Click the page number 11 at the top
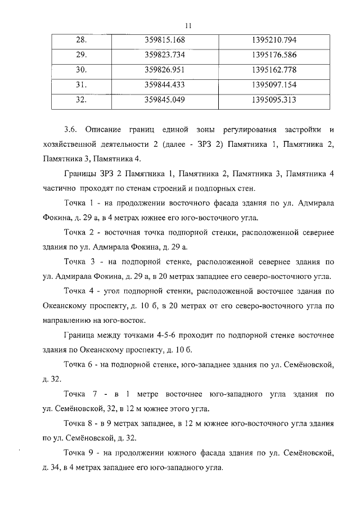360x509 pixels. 188,25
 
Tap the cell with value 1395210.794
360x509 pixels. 274,40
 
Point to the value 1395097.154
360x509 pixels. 274,85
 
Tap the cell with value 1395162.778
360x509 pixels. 274,70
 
